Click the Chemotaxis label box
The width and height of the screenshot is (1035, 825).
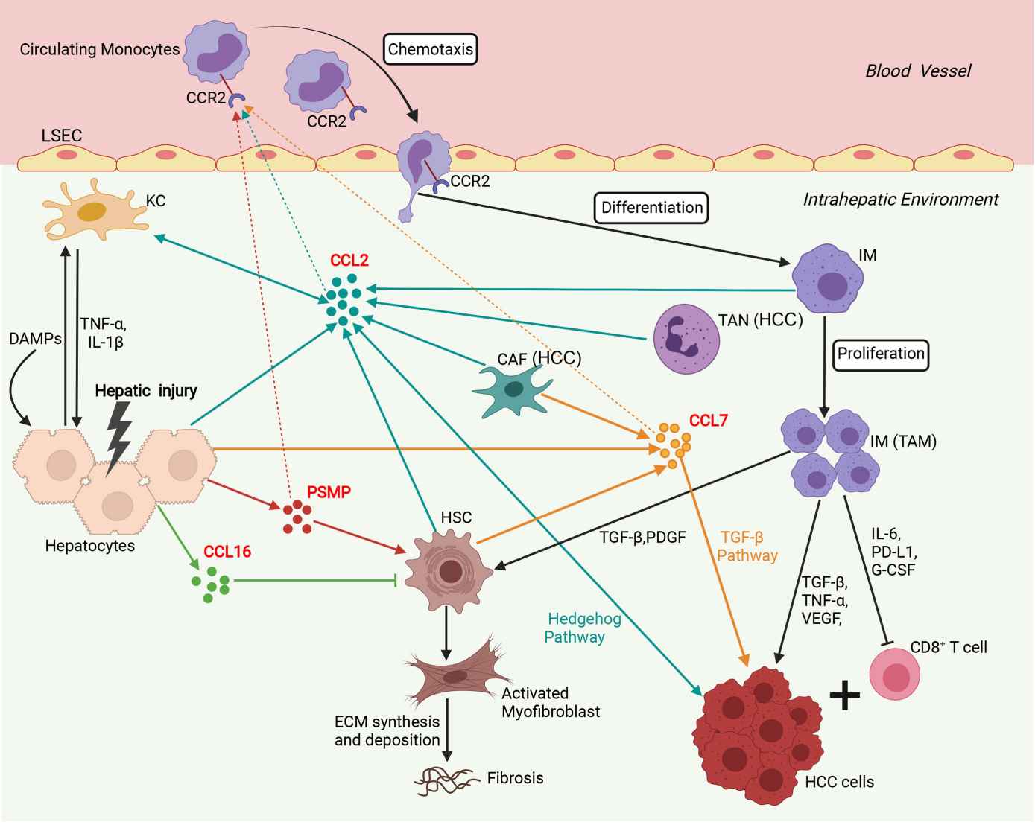(431, 50)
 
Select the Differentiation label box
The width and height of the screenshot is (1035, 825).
(651, 208)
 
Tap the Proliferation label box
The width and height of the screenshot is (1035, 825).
(880, 354)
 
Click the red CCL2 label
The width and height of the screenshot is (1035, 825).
(349, 261)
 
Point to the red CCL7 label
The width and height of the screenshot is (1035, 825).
(708, 421)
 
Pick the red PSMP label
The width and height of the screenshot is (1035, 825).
(329, 492)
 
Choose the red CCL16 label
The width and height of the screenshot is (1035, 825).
(227, 552)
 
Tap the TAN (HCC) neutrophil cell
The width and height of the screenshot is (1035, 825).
(686, 338)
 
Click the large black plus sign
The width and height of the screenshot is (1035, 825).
(845, 695)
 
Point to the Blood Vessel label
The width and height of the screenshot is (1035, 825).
(918, 71)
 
